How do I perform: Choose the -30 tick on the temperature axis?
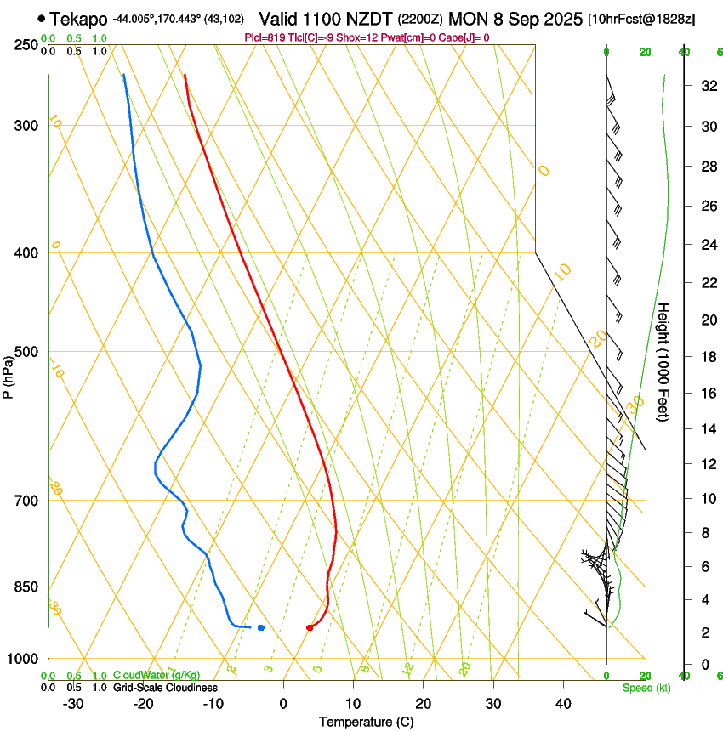(73, 703)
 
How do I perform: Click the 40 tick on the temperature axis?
(562, 703)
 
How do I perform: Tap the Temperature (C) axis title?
(366, 722)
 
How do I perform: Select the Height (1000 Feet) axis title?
(663, 361)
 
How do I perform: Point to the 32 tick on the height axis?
(706, 86)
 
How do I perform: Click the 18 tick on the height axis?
(706, 357)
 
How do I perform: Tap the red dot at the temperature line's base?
(310, 628)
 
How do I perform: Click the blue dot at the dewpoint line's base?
(260, 627)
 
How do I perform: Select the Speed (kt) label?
(646, 688)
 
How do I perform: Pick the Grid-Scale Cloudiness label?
(165, 687)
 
